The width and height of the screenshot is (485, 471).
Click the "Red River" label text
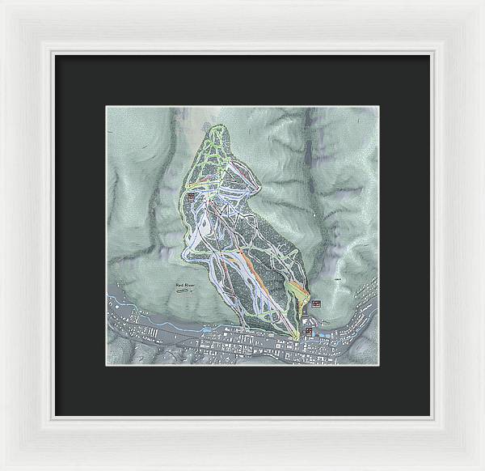(185, 285)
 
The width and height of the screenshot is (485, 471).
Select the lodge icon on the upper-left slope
(191, 196)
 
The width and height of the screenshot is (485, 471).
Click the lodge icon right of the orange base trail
(315, 303)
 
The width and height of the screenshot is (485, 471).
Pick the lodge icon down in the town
(308, 330)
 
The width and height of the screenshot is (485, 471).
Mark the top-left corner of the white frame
(2, 2)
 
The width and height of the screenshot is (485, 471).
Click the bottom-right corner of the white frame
(483, 469)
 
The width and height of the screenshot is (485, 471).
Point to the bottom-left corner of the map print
(107, 365)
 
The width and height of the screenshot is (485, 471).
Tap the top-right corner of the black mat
(430, 54)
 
